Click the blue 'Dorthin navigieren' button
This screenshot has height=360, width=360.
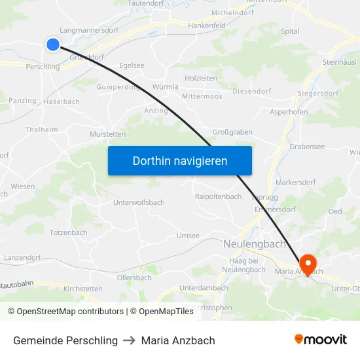[179, 161]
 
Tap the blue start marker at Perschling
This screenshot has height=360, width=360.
[53, 44]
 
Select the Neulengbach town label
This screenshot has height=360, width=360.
[255, 244]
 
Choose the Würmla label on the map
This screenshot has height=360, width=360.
[164, 86]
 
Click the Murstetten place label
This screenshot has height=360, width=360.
[107, 134]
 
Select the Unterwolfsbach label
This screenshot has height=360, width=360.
[139, 202]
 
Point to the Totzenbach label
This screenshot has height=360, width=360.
[68, 232]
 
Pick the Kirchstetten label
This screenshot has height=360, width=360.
[82, 288]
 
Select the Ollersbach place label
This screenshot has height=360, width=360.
[134, 278]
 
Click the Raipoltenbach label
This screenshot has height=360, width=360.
[218, 196]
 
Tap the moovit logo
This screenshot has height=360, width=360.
[321, 340]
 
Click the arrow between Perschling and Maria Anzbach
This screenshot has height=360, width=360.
[130, 340]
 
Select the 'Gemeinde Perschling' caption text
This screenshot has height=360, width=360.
[65, 340]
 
